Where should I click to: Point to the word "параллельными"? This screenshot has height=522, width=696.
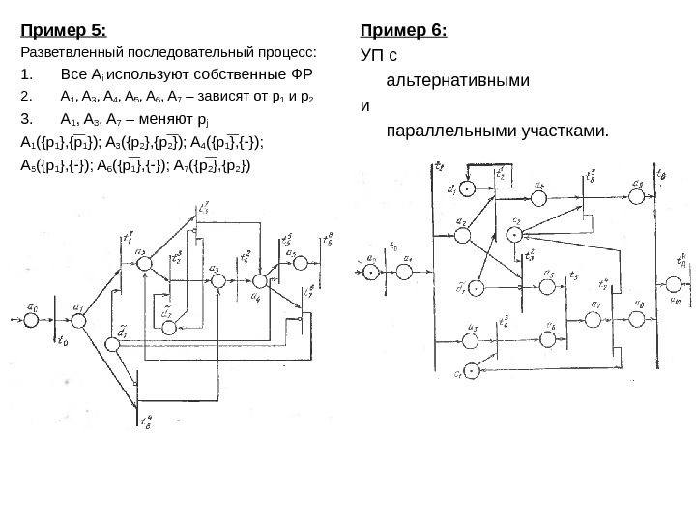tap(446, 130)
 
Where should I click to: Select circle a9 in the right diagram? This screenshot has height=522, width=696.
tap(636, 197)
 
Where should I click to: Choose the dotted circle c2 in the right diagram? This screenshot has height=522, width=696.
tap(515, 233)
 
